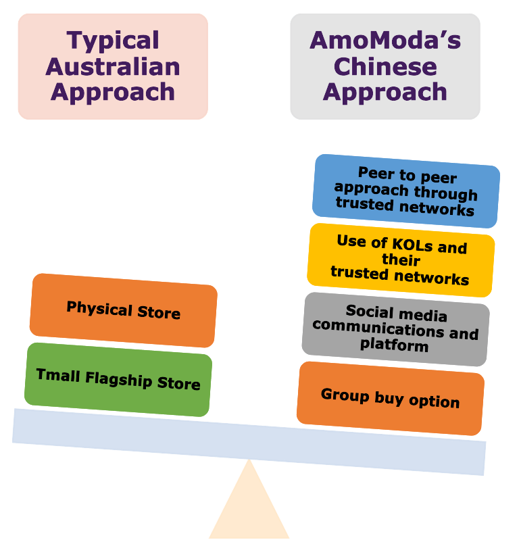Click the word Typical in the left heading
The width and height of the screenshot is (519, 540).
pyautogui.click(x=113, y=41)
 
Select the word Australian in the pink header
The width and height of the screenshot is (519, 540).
pyautogui.click(x=113, y=66)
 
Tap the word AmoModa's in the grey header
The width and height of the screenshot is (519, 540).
pyautogui.click(x=385, y=41)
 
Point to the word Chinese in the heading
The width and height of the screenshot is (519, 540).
pyautogui.click(x=385, y=66)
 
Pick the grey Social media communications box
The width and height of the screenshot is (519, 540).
pyautogui.click(x=395, y=329)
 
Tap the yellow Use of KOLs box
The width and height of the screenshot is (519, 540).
pyautogui.click(x=400, y=260)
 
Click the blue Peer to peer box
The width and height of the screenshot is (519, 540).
pyautogui.click(x=405, y=191)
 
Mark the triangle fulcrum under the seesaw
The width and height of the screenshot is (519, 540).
pyautogui.click(x=249, y=507)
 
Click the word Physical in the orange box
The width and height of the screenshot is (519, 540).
pyautogui.click(x=99, y=308)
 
